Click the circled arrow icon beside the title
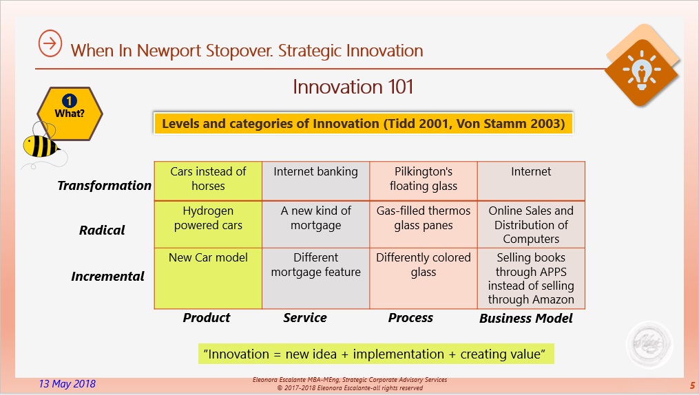pos(50,43)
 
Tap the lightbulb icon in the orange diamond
pos(641,70)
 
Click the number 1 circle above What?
pos(70,101)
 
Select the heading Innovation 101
pos(353,87)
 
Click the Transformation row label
pos(104,185)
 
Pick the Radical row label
pos(102,231)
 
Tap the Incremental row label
pos(108,276)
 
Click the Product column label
pos(207,317)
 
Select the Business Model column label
pos(526,319)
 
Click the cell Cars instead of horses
pos(208,181)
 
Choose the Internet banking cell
pos(315,181)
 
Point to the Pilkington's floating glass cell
pos(424,181)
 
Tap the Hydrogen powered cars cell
pos(208,224)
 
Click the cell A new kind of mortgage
pos(315,224)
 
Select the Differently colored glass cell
pos(424,278)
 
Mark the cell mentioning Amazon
pos(531,278)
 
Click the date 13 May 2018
pos(67,384)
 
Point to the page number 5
pos(692,385)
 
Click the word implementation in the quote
pos(399,354)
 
